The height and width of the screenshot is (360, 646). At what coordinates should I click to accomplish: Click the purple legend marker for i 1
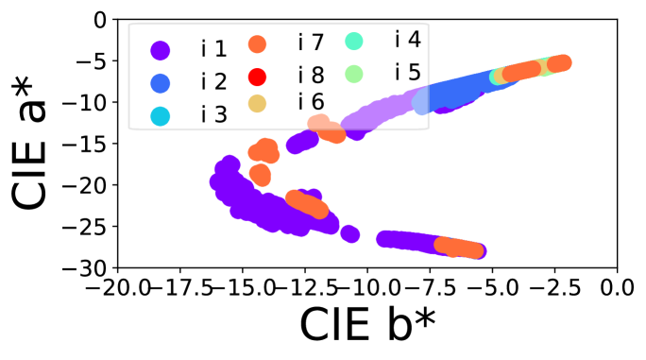tap(161, 50)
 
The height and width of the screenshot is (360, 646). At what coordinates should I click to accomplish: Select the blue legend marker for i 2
tap(161, 83)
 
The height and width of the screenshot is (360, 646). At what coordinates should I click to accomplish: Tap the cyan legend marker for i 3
tap(161, 115)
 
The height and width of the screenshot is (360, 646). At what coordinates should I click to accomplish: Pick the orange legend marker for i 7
tap(257, 43)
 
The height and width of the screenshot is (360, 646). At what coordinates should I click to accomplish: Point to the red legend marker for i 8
tap(257, 77)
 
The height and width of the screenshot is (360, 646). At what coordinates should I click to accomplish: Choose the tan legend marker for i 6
tap(257, 103)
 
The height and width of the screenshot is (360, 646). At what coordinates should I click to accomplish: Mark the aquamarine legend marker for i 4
tap(353, 41)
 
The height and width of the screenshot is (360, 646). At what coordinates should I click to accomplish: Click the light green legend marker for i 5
tap(353, 73)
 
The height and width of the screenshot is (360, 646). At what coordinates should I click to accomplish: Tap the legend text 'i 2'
tap(213, 82)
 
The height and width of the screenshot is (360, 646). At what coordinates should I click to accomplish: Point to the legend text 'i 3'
tap(213, 115)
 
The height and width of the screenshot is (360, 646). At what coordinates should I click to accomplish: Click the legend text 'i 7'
tap(311, 43)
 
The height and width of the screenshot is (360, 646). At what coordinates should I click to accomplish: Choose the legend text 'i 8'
tap(311, 76)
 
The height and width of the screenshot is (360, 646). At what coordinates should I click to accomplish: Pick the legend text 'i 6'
tap(311, 102)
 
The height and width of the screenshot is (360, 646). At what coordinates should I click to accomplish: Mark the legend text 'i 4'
tap(407, 40)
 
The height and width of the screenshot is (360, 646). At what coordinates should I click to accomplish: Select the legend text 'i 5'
tap(407, 73)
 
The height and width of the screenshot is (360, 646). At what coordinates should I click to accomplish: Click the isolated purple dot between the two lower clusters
tap(349, 233)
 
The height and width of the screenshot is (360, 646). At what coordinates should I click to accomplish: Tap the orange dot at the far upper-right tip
tap(560, 63)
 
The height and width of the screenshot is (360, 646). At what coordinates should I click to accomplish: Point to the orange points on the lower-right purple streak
tap(458, 248)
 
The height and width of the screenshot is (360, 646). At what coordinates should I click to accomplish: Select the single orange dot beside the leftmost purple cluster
tap(260, 175)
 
